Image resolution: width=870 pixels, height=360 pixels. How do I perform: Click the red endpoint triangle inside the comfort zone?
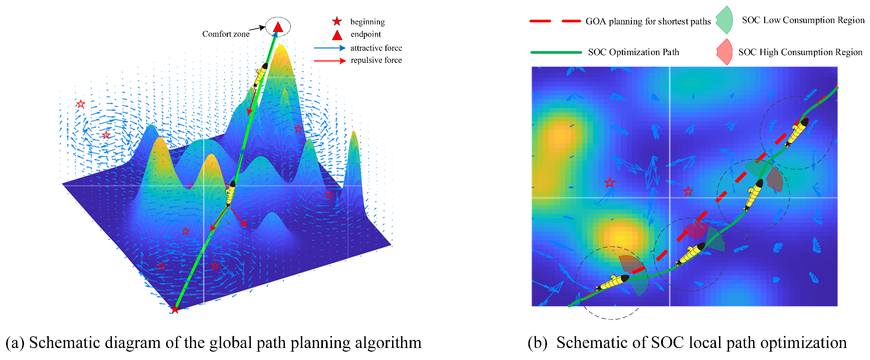tap(278, 27)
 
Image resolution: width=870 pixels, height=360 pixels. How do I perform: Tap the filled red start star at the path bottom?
tap(175, 309)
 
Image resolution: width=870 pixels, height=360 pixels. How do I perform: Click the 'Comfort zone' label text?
tap(226, 34)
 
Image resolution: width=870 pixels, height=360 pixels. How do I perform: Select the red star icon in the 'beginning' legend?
tap(337, 22)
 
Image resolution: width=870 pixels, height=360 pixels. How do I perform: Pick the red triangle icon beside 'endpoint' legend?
tap(337, 35)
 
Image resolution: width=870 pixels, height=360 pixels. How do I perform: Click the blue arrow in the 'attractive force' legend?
tap(329, 48)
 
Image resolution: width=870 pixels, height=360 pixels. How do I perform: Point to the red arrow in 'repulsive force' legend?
tap(329, 60)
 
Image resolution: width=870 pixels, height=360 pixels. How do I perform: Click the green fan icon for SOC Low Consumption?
tap(725, 20)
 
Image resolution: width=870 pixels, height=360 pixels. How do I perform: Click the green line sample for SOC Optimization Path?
tap(556, 52)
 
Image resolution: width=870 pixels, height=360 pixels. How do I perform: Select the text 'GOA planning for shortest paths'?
tap(648, 21)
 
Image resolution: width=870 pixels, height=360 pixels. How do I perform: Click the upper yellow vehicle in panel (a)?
tap(261, 74)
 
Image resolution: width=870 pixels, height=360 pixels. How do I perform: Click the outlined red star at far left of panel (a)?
tap(80, 104)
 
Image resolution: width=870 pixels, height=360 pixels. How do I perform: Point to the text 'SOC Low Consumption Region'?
tap(803, 20)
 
